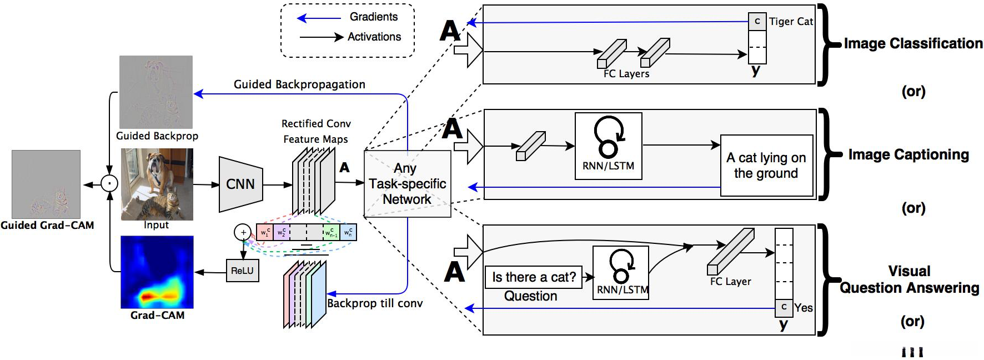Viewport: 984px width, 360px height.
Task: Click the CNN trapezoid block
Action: [x=240, y=184]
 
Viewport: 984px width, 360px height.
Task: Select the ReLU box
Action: [x=242, y=271]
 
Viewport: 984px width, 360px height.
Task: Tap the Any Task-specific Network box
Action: [x=407, y=183]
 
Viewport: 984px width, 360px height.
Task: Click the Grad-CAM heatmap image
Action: [x=157, y=272]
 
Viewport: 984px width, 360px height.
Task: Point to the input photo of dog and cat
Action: [x=157, y=184]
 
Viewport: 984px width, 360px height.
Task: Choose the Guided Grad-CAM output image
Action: [x=46, y=184]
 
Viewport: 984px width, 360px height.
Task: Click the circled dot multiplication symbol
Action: [x=109, y=183]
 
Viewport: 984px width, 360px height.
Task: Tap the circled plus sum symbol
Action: [x=243, y=232]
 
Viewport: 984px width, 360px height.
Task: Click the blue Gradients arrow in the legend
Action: [x=319, y=18]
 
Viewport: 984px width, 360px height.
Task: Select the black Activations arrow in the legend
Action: [x=322, y=37]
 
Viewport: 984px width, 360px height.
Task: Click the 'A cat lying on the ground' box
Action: [x=766, y=166]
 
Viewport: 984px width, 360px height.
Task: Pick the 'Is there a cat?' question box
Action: [x=534, y=277]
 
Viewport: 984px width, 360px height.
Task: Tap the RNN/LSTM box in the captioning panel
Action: [x=608, y=146]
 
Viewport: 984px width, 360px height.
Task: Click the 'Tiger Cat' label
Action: [x=791, y=22]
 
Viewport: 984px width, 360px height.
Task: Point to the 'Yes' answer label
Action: [x=803, y=308]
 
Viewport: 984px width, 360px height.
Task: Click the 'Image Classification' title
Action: [x=913, y=43]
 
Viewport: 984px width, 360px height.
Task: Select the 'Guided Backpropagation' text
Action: [x=299, y=84]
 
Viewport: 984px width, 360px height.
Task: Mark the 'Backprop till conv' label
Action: [x=375, y=303]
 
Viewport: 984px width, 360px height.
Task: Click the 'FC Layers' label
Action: [x=626, y=74]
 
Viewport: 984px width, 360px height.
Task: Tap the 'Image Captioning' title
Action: [x=908, y=154]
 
